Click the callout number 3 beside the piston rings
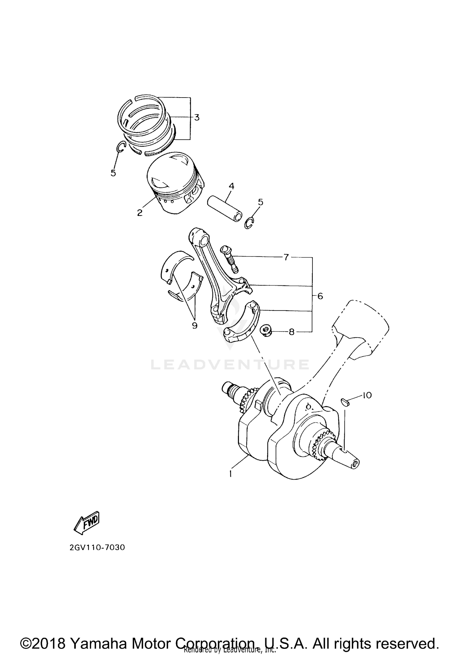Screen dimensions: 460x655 (197, 117)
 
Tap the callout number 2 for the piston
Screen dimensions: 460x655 (140, 213)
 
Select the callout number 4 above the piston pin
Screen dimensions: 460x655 (231, 186)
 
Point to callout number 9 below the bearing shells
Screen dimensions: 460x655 (195, 326)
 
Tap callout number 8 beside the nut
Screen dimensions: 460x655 (291, 332)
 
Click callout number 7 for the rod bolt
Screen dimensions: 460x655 (286, 257)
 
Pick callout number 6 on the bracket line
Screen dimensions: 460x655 (320, 296)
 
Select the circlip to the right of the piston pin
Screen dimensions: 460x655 (250, 223)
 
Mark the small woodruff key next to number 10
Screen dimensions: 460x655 (345, 402)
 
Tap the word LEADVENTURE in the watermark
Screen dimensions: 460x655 (230, 364)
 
